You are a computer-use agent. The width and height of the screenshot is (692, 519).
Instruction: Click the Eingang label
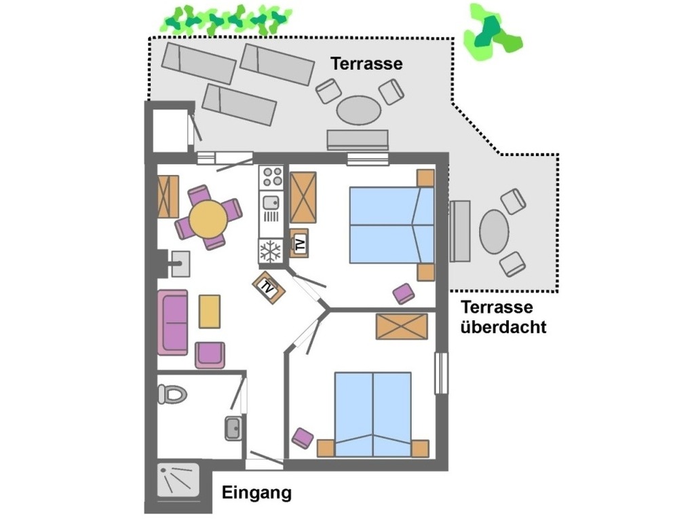coord(256,493)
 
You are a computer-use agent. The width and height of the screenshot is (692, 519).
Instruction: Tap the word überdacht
coord(503,327)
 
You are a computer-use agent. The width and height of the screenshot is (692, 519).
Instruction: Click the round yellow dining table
coord(208,218)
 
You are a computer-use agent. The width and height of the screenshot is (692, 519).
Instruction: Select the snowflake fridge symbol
coord(271,251)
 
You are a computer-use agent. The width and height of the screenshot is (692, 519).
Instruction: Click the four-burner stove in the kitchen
coord(272,176)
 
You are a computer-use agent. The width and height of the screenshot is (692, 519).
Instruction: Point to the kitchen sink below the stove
coord(271,201)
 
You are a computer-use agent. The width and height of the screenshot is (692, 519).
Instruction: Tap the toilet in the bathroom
coord(172,393)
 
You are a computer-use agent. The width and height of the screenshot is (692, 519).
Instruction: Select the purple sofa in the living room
coord(172,322)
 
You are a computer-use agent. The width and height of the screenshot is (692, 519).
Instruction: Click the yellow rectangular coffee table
coord(210,311)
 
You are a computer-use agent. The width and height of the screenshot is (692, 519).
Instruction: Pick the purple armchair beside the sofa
coord(210,355)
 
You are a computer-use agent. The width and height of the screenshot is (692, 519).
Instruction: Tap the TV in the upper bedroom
coord(299,242)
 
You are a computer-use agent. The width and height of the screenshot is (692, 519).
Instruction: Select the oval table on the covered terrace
coord(494,231)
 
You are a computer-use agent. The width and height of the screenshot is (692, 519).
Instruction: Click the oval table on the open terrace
coord(359,110)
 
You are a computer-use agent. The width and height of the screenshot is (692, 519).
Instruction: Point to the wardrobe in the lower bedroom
coord(402,326)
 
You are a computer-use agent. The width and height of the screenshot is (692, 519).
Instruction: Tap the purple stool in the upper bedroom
coord(404,294)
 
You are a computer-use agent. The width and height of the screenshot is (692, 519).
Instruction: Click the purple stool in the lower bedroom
coord(303,438)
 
